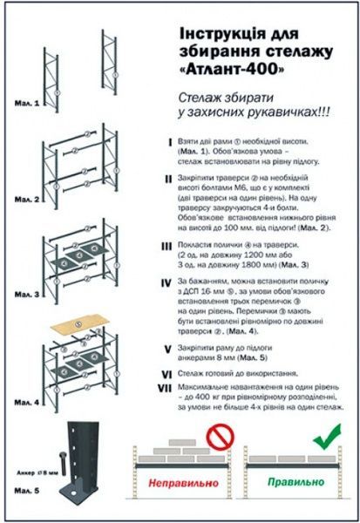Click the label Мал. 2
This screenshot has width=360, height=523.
coord(27,200)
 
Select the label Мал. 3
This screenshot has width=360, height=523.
coord(27,295)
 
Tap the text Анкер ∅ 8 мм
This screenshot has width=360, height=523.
coord(37,471)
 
